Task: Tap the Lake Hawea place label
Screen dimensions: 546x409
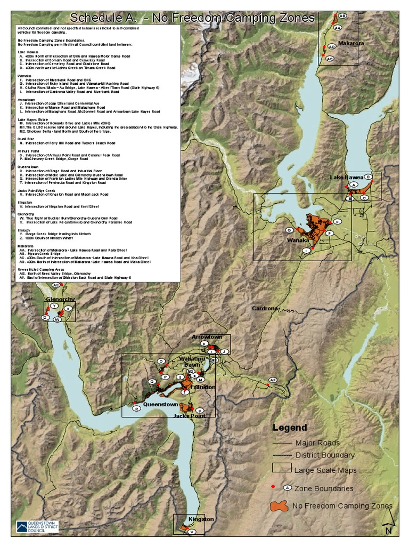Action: click(346, 177)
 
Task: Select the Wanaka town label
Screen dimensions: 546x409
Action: click(298, 240)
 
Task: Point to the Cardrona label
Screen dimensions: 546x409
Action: click(265, 309)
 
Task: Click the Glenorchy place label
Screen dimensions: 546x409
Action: click(60, 300)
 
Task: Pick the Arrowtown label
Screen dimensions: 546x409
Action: click(207, 337)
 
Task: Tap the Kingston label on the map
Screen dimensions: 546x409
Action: click(201, 519)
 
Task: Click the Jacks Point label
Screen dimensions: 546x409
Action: click(189, 415)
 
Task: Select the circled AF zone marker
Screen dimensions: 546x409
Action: click(273, 380)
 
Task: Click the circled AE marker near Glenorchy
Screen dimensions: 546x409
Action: click(55, 286)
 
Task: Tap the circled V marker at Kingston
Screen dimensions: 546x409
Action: click(193, 532)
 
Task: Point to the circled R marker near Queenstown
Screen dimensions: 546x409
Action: click(137, 408)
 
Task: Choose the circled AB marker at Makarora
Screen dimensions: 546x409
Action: click(342, 16)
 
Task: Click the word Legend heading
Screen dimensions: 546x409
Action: click(290, 428)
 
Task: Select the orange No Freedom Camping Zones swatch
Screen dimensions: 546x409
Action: click(279, 505)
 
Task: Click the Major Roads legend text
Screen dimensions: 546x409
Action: click(317, 443)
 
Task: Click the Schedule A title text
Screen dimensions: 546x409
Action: click(192, 18)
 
